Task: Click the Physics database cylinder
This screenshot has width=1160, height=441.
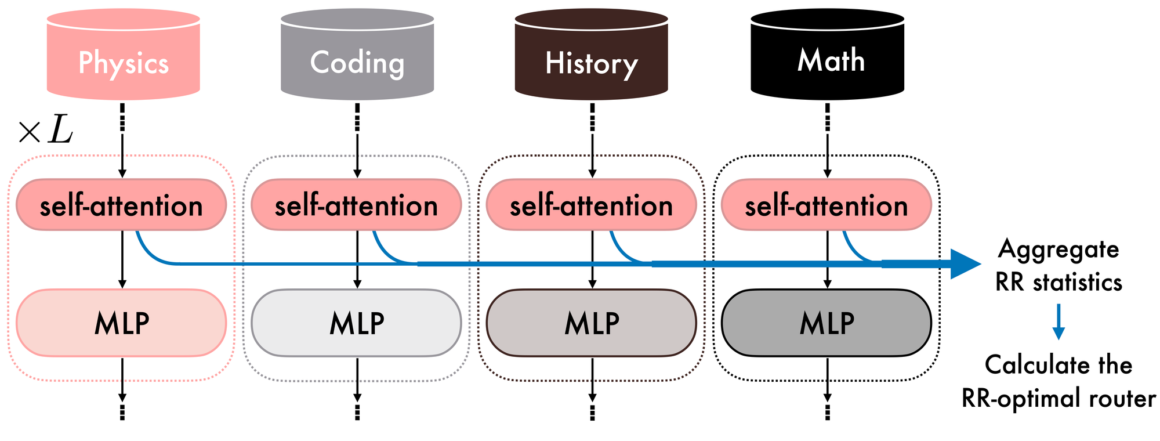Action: pos(123,55)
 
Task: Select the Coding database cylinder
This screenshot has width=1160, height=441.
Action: pos(357,55)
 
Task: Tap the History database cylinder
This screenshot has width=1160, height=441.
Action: pos(591,55)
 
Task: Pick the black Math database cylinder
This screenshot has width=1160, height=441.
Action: pos(827,55)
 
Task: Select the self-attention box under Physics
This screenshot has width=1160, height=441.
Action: pos(121,205)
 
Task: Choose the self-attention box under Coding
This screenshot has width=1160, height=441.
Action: pos(356,205)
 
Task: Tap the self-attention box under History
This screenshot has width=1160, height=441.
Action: pos(591,205)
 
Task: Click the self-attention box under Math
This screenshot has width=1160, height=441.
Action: pos(826,205)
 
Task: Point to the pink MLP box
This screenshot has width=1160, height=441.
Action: pos(121,323)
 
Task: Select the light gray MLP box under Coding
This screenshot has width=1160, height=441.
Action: pos(356,323)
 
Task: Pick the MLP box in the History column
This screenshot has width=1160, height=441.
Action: pos(591,323)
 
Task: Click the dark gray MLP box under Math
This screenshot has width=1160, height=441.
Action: pos(826,323)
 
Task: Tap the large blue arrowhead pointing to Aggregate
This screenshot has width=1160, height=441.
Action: pos(964,264)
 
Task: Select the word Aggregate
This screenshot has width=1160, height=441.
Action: pos(1058,250)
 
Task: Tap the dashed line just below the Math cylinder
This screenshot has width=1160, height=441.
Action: pos(827,117)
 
